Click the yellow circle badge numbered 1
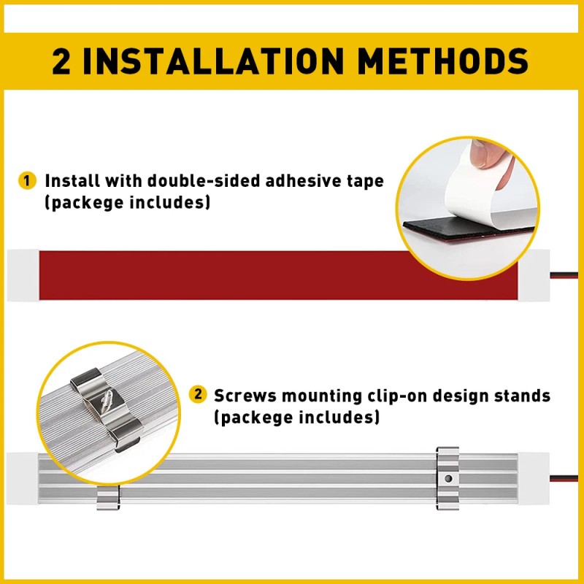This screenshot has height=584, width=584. (x=28, y=180)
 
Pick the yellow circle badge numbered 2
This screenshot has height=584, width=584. (x=198, y=395)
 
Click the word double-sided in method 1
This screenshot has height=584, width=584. (x=191, y=180)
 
